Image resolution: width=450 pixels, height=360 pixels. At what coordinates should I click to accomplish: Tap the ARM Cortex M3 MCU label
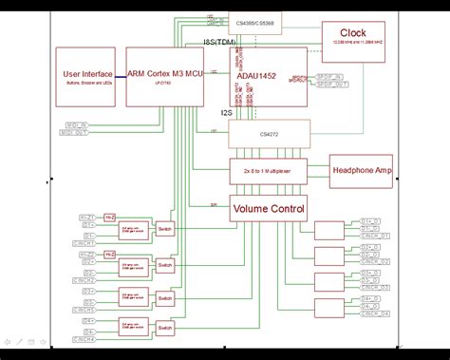(164, 73)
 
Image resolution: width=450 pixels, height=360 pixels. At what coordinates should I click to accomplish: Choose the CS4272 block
(270, 134)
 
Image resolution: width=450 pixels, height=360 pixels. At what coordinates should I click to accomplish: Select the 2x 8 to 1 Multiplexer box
(270, 171)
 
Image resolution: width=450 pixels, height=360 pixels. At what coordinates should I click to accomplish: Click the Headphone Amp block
(361, 171)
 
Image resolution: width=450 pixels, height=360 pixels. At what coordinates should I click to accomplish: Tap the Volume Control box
(269, 209)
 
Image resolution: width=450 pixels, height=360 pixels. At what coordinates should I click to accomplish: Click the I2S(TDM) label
(219, 43)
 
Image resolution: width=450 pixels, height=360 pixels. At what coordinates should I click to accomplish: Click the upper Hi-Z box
(110, 218)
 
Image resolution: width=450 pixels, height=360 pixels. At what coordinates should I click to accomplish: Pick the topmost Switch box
(165, 230)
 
